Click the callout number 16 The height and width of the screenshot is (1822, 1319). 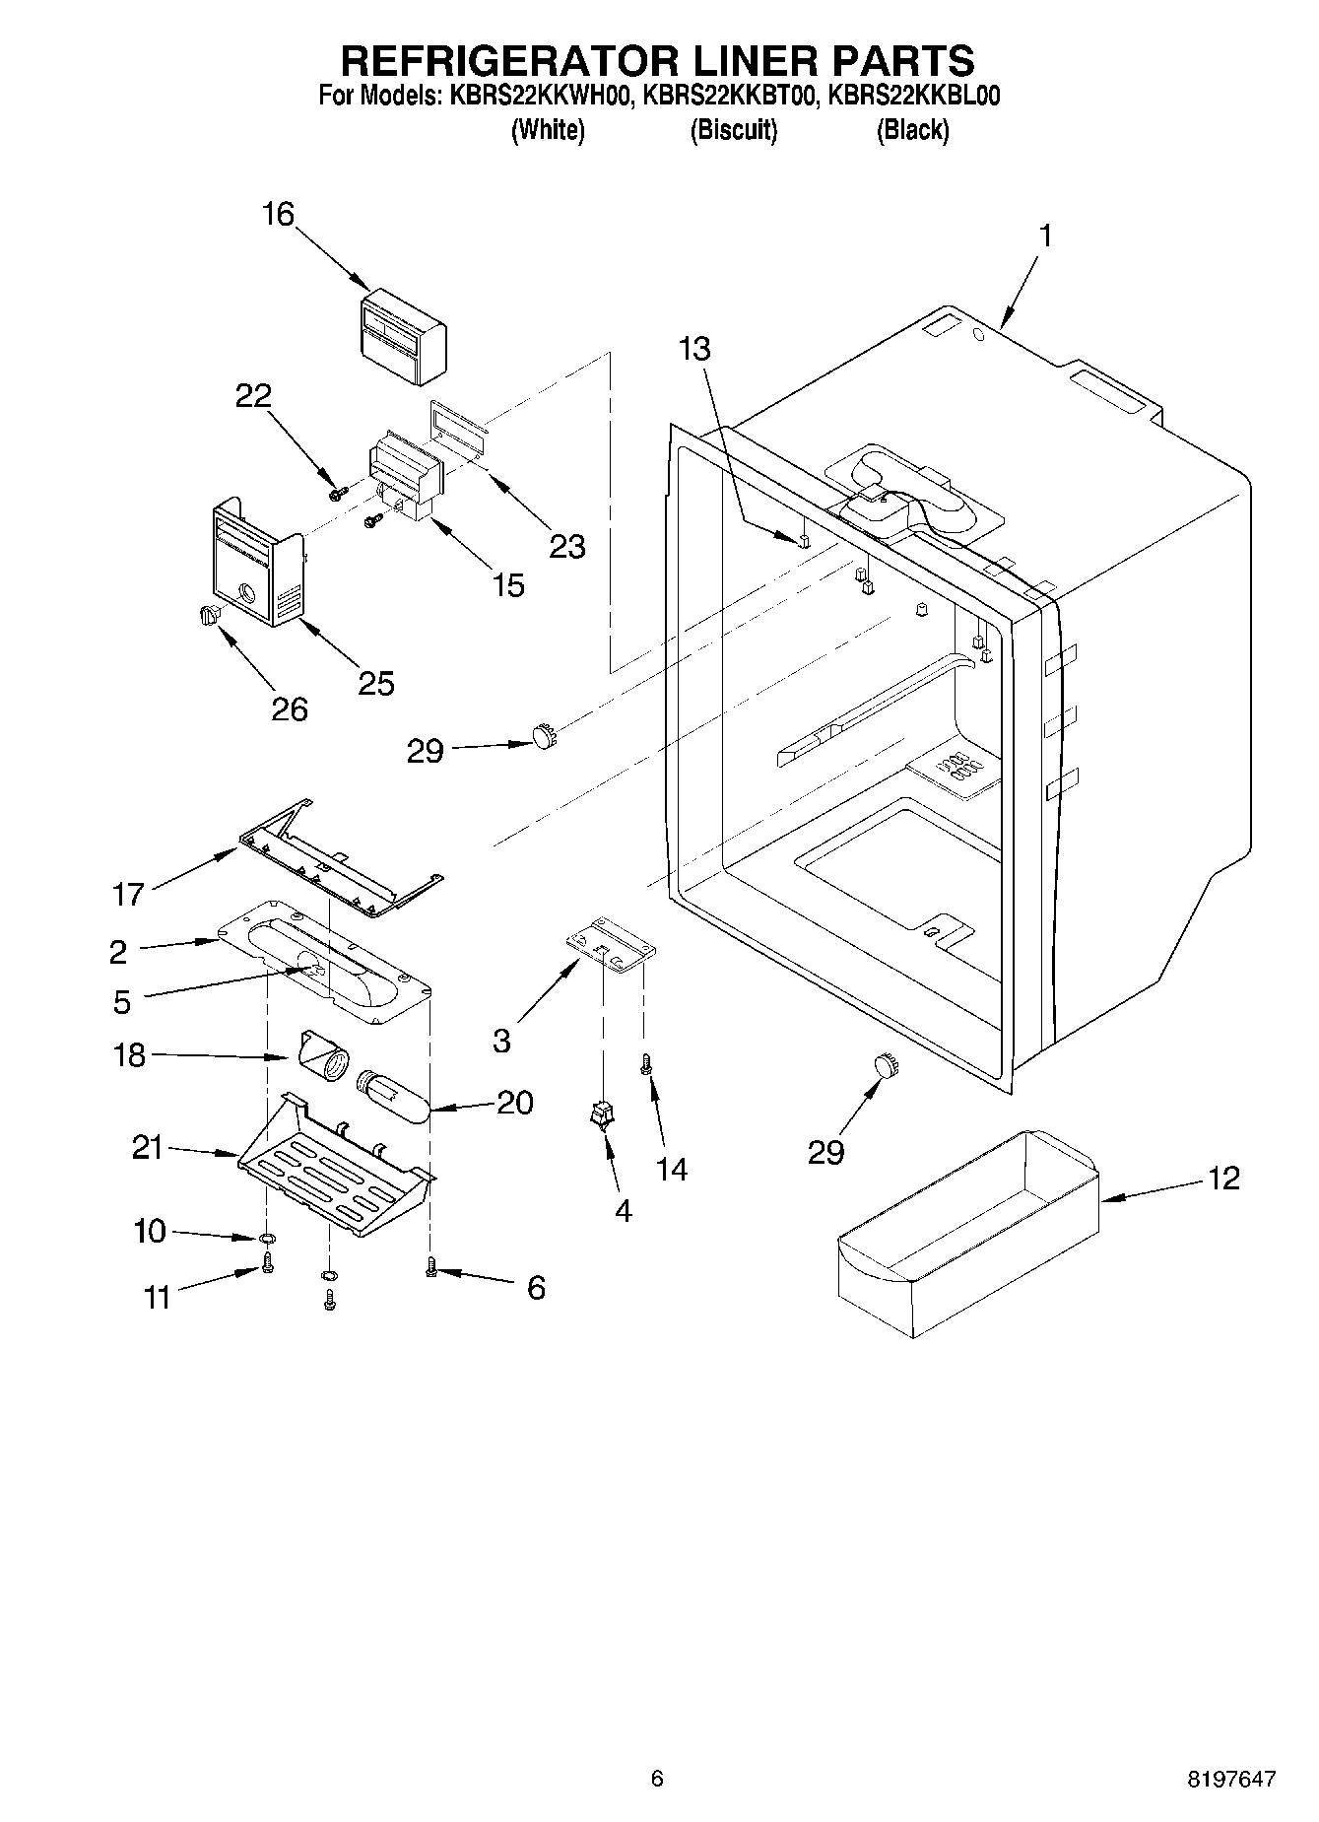[x=279, y=214]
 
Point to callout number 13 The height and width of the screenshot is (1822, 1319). [x=694, y=348]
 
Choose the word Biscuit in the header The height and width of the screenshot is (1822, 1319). [x=733, y=130]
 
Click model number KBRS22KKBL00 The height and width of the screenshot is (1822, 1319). [x=914, y=96]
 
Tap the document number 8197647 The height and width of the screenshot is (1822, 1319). [x=1231, y=1779]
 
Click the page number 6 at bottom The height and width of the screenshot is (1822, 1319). [x=657, y=1779]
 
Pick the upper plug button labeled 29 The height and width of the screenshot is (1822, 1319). [x=543, y=735]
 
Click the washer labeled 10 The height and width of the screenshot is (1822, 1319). [x=266, y=1238]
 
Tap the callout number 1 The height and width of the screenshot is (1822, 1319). [x=1046, y=236]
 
